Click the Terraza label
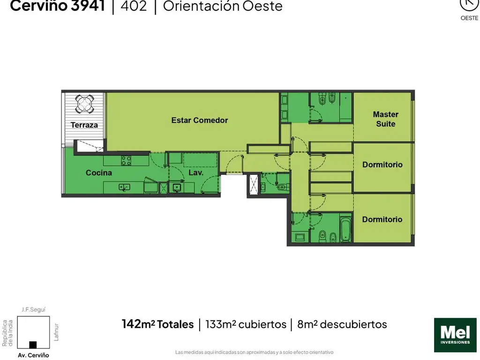point(84,125)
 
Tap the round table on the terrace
point(84,103)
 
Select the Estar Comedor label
point(200,120)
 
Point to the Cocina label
point(98,172)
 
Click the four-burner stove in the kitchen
point(126,160)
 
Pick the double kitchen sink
point(124,187)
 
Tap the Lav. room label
point(196,172)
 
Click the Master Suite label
point(385,119)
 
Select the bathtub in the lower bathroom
point(345,229)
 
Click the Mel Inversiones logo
point(455,335)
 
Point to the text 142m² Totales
point(157,324)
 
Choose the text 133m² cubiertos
point(246,324)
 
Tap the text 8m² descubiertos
point(342,324)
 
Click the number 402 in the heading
point(134,6)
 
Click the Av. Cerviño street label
point(33,355)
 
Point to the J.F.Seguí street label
point(33,309)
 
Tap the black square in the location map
point(33,345)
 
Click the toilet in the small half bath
point(282,187)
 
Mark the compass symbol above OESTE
point(469,4)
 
